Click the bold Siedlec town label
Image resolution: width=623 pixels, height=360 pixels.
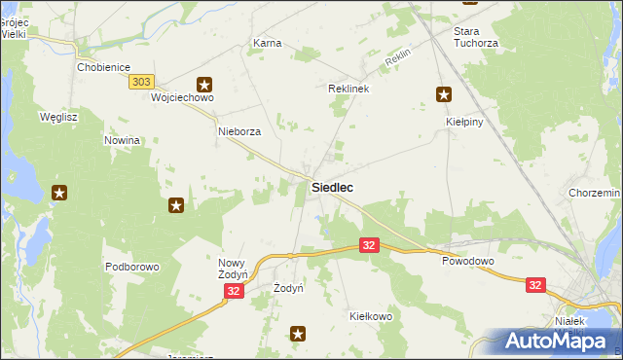(x=332, y=187)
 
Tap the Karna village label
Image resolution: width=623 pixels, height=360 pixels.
(x=267, y=44)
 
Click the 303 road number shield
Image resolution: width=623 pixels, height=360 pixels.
(x=140, y=84)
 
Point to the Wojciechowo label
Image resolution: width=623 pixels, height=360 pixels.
(x=182, y=98)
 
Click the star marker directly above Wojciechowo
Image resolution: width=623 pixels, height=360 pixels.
(x=204, y=84)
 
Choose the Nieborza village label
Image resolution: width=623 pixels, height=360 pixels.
(x=239, y=131)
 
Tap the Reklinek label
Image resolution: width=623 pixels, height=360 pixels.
(x=349, y=89)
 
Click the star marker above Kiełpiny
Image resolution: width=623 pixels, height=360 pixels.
(x=444, y=94)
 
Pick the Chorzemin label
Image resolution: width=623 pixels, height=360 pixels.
(x=592, y=195)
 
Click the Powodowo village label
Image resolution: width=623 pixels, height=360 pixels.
(x=468, y=262)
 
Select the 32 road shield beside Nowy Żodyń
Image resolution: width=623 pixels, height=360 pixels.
(x=233, y=292)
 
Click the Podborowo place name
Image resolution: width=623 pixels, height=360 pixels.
(x=131, y=267)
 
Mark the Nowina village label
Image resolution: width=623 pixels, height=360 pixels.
(x=123, y=140)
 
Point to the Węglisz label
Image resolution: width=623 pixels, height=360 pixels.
(x=57, y=117)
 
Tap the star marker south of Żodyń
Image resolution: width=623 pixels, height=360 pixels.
(x=298, y=335)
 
